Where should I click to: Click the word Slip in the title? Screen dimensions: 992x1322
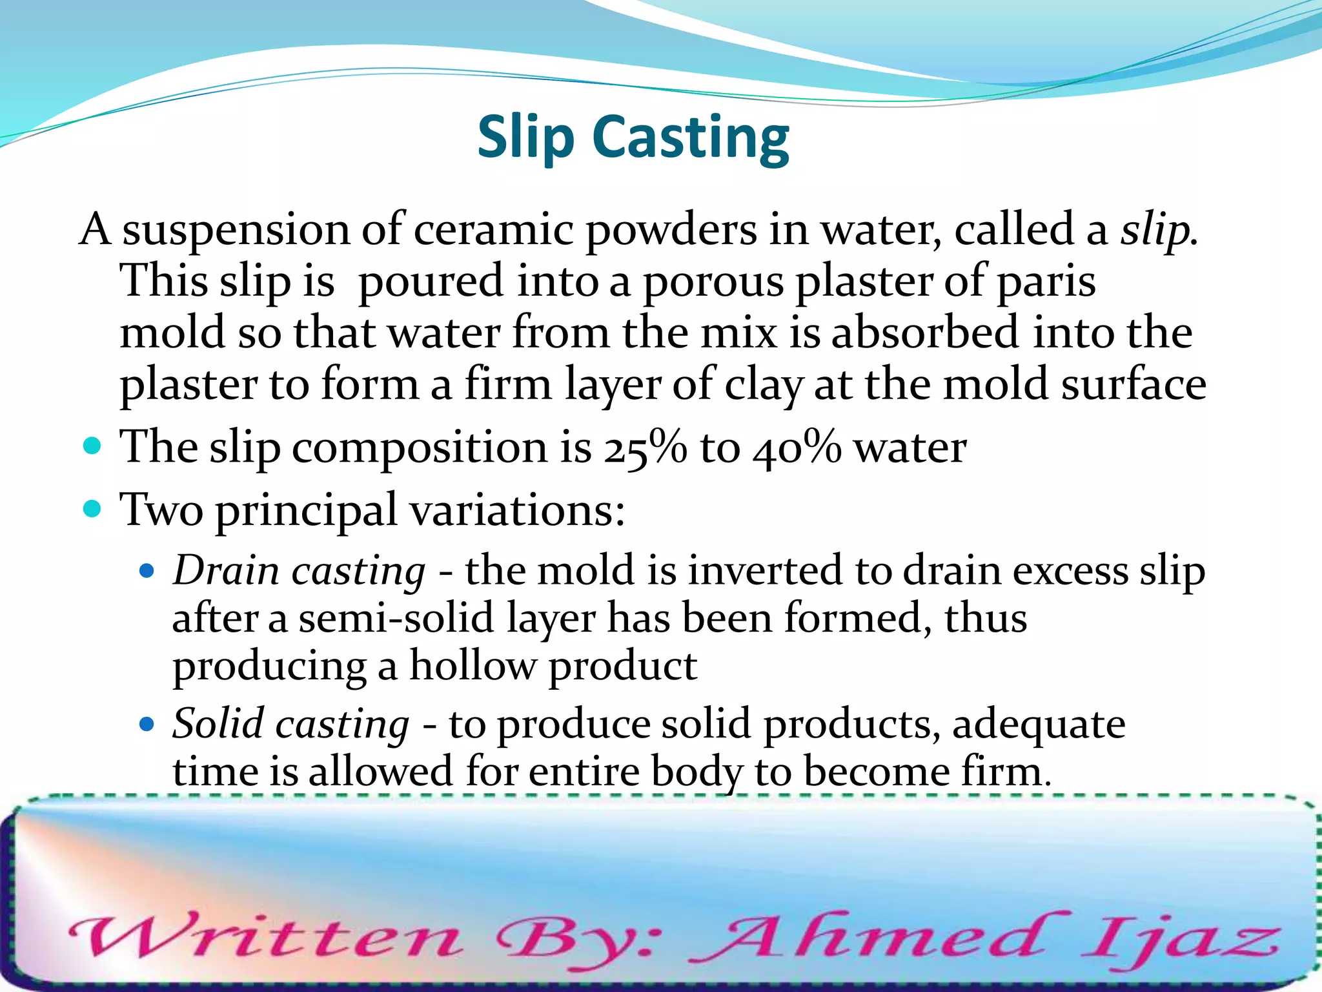[x=525, y=137]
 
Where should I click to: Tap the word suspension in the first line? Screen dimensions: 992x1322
[x=236, y=230]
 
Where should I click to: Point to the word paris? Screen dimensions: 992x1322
[x=1046, y=282]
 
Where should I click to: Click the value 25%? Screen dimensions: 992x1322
[x=645, y=447]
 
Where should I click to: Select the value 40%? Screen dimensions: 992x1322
[x=797, y=447]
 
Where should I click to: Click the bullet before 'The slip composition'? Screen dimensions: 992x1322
[x=93, y=446]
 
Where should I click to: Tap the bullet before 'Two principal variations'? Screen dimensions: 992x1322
[x=93, y=509]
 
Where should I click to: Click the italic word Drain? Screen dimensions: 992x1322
[x=225, y=571]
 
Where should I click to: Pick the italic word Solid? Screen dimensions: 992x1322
[x=218, y=723]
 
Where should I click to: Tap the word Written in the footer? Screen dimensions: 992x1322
[x=265, y=936]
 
